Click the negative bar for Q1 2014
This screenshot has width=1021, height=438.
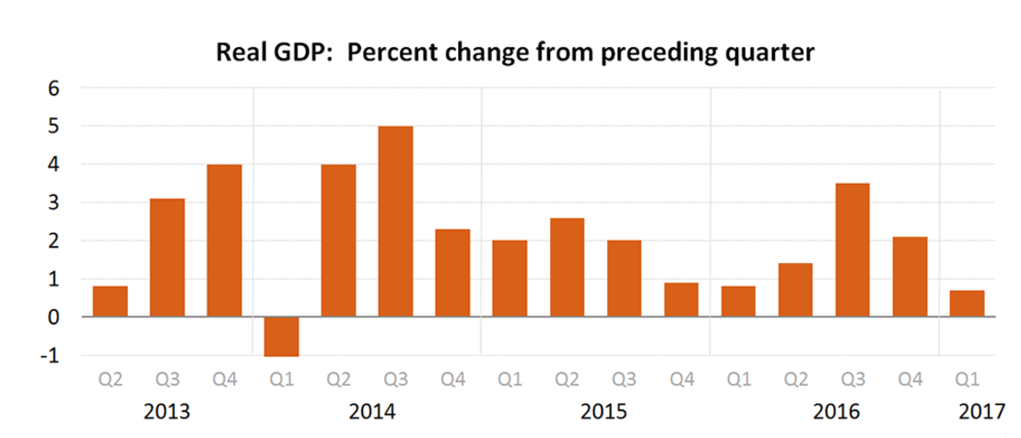(280, 337)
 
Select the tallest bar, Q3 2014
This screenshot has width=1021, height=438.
(395, 221)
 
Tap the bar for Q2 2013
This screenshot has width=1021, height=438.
(110, 301)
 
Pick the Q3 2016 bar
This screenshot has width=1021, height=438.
(851, 249)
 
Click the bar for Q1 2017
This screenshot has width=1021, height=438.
(966, 303)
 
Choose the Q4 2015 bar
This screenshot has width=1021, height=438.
(680, 299)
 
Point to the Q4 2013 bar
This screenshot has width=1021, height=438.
(224, 240)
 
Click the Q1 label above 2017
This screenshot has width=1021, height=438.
(967, 378)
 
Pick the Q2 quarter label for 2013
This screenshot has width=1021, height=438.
(111, 378)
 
